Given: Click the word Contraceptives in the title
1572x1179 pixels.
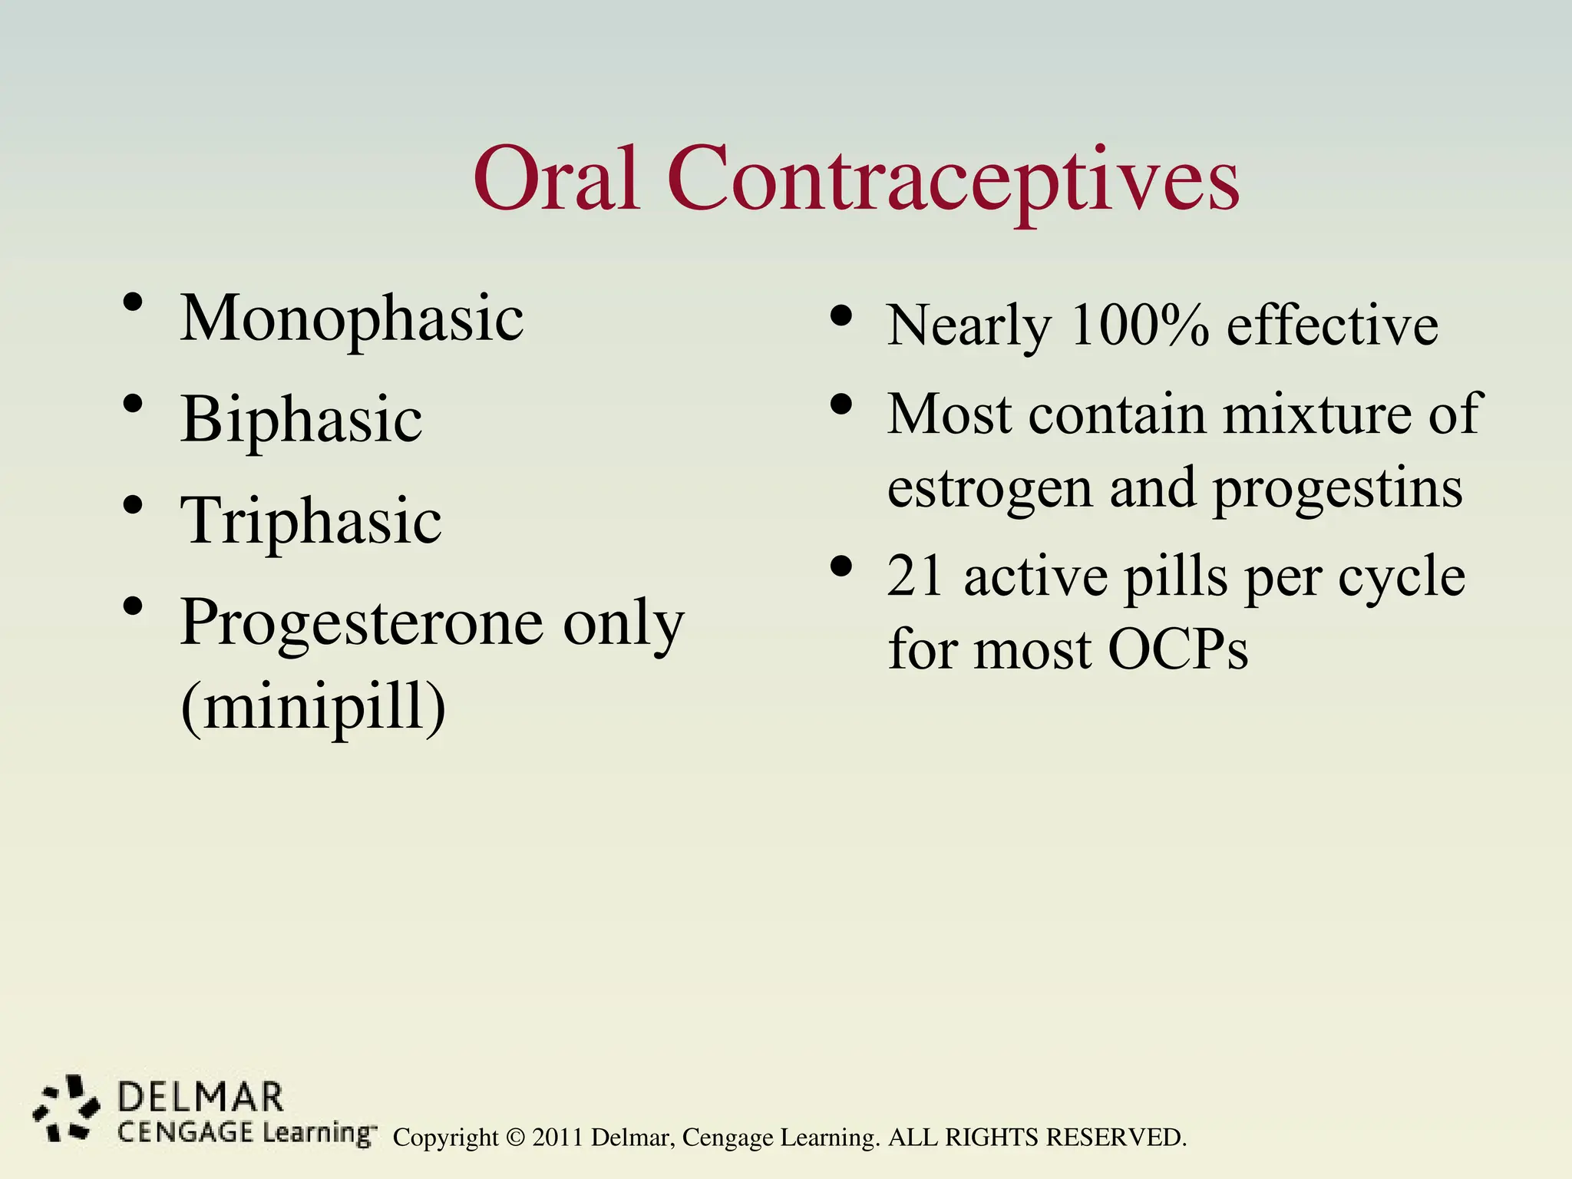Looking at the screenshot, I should [x=953, y=181].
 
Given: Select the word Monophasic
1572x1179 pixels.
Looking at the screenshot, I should [x=352, y=319].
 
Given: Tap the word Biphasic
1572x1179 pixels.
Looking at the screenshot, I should [x=301, y=421].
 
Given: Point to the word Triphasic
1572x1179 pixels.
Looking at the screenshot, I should [x=311, y=521].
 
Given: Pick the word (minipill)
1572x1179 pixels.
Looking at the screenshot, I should [x=313, y=706].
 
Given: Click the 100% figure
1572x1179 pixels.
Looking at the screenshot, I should [x=1140, y=325].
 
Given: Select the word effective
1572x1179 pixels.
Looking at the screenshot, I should [x=1333, y=325].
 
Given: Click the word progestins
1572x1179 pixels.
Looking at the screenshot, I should [x=1337, y=489].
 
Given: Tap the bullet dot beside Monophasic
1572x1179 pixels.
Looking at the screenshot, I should [x=133, y=302].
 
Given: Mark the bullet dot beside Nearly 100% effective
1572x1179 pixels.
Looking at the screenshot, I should [x=842, y=315].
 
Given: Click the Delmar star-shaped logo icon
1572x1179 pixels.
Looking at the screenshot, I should [x=67, y=1108].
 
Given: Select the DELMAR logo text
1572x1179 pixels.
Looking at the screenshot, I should [x=200, y=1098].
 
